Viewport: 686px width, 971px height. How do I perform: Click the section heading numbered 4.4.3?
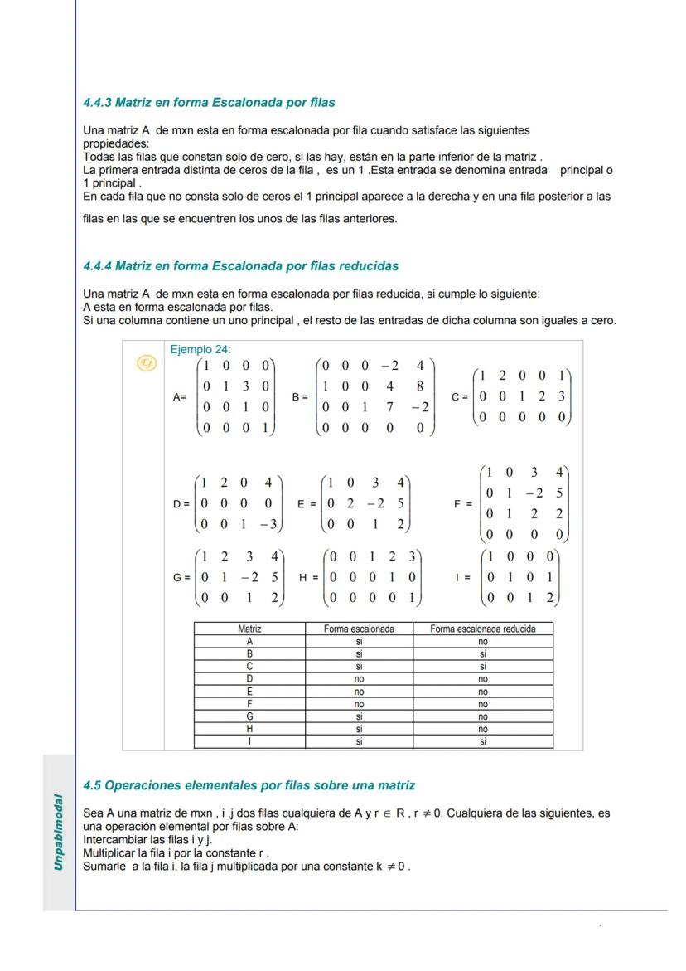[209, 103]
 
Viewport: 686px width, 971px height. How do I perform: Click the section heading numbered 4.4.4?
[240, 266]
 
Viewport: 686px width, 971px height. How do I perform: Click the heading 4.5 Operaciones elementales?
[249, 784]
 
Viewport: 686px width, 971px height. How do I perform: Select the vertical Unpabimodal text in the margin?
[59, 832]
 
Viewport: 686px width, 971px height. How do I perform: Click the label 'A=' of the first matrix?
[179, 397]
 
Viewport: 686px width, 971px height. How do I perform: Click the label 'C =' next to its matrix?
[461, 396]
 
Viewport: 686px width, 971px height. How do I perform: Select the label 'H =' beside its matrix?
[308, 576]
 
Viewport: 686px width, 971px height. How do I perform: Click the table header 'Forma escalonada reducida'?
[482, 629]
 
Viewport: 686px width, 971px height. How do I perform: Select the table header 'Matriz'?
[249, 629]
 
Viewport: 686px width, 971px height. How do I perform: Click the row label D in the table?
[249, 679]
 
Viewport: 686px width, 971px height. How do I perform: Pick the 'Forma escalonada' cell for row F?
[359, 704]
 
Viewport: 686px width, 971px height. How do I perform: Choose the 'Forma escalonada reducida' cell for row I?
[482, 742]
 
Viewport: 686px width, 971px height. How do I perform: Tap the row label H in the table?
[249, 730]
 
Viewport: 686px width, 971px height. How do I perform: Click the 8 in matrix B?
[421, 386]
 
